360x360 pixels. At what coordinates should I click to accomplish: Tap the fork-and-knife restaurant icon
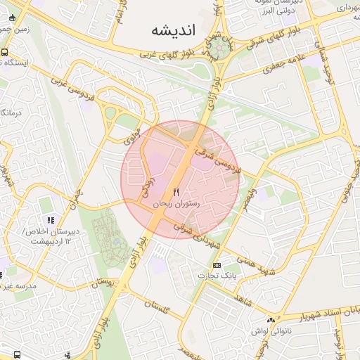point(176,191)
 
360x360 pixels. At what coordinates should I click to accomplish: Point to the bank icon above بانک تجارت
point(217,265)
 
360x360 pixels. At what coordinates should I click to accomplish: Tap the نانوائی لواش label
point(270,330)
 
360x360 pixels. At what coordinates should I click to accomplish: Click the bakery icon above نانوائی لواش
point(271,320)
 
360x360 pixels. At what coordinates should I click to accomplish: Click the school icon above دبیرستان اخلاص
point(49,221)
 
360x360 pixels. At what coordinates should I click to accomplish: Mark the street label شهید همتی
point(254,265)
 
